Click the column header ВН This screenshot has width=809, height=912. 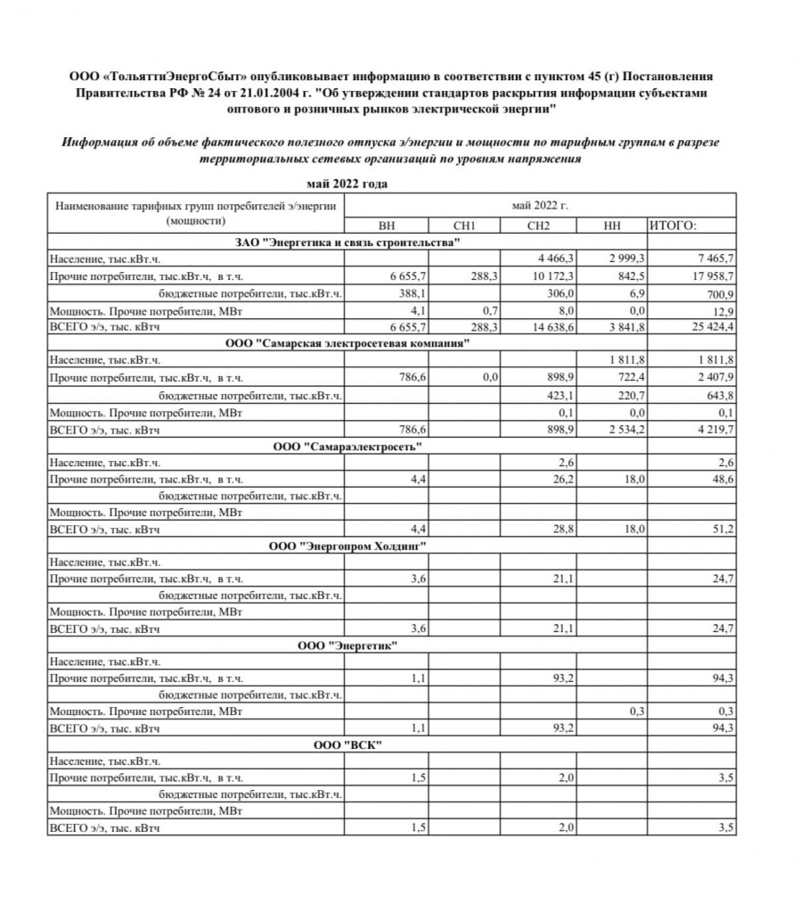click(388, 226)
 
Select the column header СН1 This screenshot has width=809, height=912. click(464, 226)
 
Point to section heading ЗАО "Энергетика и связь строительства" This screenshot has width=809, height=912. click(347, 242)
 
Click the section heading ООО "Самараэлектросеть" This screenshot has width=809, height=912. click(347, 446)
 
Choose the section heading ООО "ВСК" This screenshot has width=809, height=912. click(347, 745)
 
